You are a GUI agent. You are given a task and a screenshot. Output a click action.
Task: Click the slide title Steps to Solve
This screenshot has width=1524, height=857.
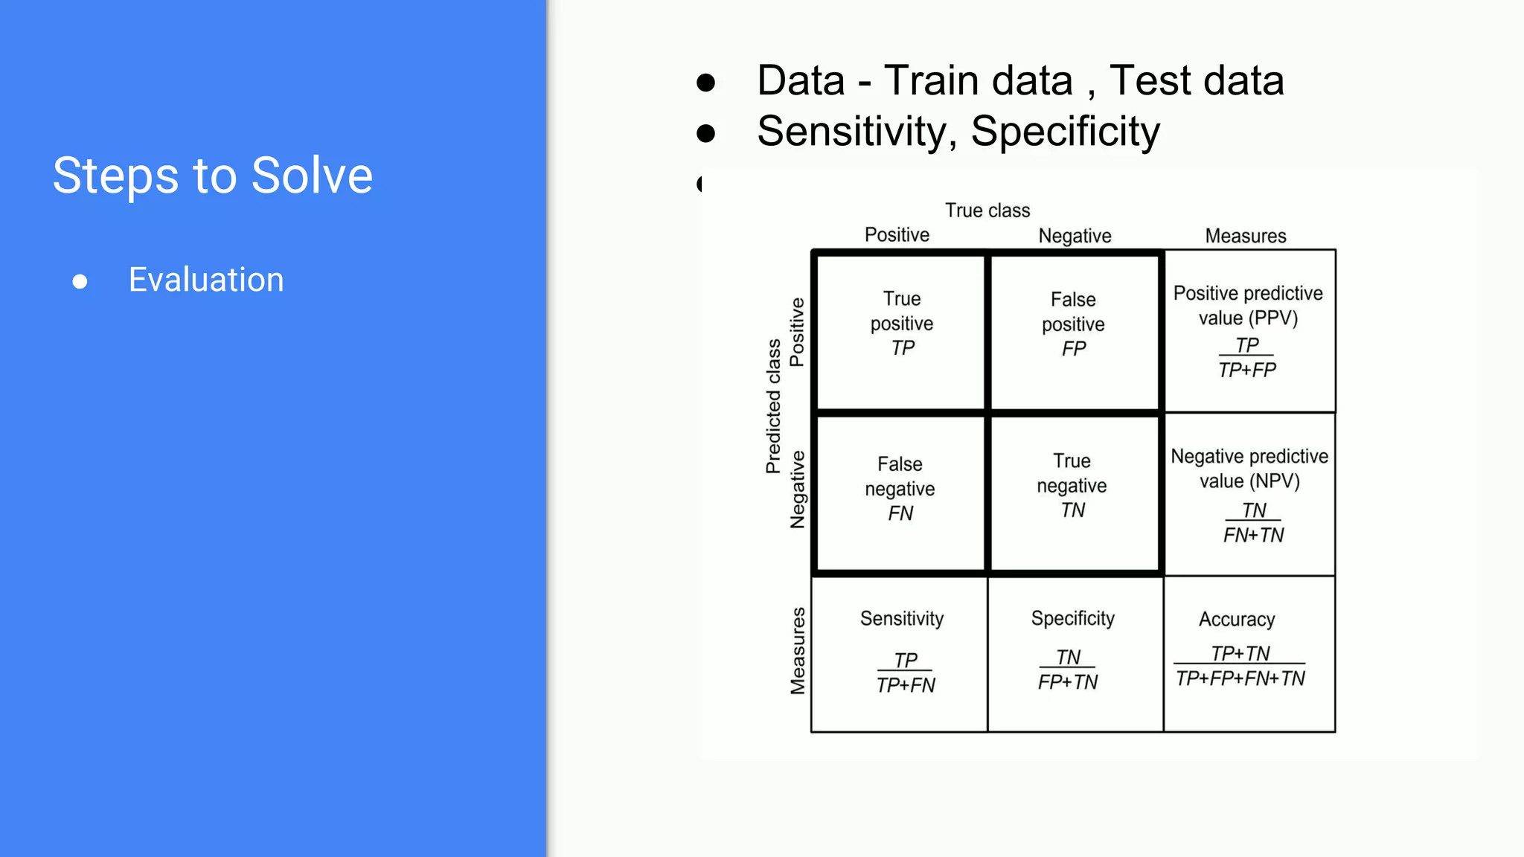pyautogui.click(x=213, y=176)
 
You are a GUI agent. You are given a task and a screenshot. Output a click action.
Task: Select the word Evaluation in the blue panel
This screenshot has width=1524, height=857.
pyautogui.click(x=206, y=280)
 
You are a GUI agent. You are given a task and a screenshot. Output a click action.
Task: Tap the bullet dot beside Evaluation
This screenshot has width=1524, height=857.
pyautogui.click(x=80, y=281)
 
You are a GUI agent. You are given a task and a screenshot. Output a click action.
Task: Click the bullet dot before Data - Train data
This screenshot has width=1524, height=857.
pyautogui.click(x=705, y=82)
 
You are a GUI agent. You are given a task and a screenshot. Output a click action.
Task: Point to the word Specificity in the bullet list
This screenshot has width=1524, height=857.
pyautogui.click(x=1065, y=132)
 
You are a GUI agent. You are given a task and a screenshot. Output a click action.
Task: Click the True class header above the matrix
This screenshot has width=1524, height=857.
pyautogui.click(x=987, y=211)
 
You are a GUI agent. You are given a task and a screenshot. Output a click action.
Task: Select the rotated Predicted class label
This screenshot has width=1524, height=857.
pyautogui.click(x=774, y=406)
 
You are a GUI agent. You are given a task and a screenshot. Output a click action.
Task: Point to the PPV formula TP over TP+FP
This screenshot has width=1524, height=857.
pyautogui.click(x=1247, y=358)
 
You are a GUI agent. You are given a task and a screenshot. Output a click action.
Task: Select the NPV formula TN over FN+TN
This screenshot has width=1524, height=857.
pyautogui.click(x=1254, y=523)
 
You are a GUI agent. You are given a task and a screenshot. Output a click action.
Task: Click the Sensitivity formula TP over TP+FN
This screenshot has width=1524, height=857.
pyautogui.click(x=906, y=673)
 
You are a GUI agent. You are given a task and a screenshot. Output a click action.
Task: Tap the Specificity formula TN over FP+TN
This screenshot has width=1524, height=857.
pyautogui.click(x=1068, y=670)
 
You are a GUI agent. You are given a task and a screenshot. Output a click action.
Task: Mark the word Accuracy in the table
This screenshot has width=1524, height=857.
pyautogui.click(x=1237, y=619)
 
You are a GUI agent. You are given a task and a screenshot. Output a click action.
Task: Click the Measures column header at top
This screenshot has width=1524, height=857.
pyautogui.click(x=1246, y=236)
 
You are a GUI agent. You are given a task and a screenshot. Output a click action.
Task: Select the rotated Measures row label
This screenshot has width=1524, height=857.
pyautogui.click(x=798, y=651)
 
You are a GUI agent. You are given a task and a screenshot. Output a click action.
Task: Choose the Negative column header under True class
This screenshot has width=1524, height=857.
pyautogui.click(x=1075, y=236)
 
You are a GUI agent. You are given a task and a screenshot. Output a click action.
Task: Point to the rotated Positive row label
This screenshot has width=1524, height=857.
pyautogui.click(x=797, y=333)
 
